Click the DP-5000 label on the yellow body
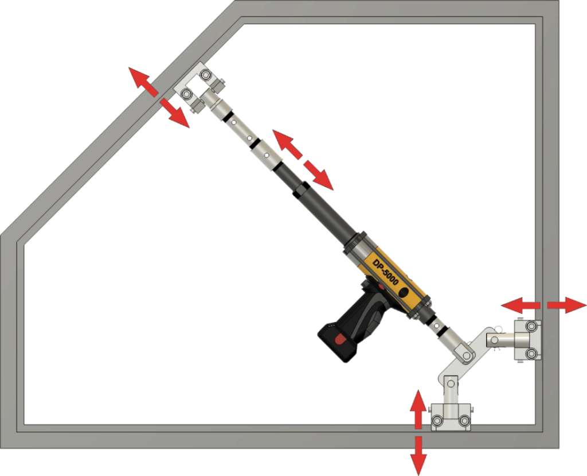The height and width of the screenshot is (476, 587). (x=385, y=272)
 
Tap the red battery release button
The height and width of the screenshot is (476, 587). (x=341, y=339)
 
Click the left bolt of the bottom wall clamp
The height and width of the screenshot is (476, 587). (x=437, y=420)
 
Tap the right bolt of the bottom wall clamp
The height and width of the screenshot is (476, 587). (x=464, y=420)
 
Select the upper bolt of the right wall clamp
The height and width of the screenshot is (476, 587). (x=531, y=326)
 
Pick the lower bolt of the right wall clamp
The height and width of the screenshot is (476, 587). (x=531, y=353)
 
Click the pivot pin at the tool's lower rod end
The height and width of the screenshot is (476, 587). (x=467, y=355)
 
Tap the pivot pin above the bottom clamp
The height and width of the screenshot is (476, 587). (x=451, y=384)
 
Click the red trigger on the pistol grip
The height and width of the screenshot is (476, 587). (x=381, y=287)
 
